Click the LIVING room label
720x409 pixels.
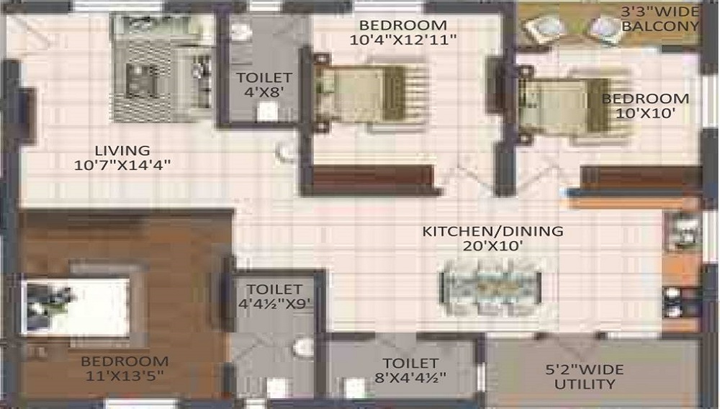[122, 150]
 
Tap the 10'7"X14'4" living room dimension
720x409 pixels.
[122, 165]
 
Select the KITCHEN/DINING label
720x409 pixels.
[492, 231]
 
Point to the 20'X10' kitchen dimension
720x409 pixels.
[492, 246]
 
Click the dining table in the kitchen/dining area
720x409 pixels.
[491, 287]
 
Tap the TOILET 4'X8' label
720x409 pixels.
[264, 85]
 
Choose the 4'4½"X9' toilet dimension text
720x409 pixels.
[274, 303]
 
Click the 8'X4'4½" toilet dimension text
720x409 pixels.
[410, 378]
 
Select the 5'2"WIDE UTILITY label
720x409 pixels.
[585, 377]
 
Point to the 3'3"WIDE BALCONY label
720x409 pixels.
[660, 19]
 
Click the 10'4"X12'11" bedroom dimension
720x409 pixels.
[403, 40]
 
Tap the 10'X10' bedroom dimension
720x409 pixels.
[645, 113]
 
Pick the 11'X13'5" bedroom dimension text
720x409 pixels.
[125, 376]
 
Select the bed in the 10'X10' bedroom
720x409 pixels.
[574, 106]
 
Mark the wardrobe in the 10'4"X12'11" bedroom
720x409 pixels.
[373, 180]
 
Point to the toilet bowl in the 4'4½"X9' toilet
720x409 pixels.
[302, 348]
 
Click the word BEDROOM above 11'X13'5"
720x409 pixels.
[125, 361]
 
